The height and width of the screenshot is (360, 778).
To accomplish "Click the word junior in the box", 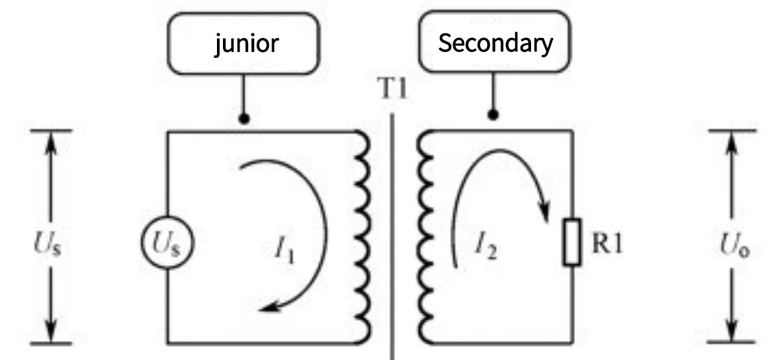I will [246, 44].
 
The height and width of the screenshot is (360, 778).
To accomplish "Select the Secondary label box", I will [495, 44].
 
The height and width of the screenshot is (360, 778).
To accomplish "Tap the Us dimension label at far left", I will [51, 246].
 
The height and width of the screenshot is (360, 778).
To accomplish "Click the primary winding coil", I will [361, 236].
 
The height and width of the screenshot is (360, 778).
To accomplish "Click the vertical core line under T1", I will [393, 233].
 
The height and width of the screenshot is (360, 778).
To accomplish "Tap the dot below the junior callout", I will [244, 120].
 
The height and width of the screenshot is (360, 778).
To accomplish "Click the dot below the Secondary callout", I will [493, 114].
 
